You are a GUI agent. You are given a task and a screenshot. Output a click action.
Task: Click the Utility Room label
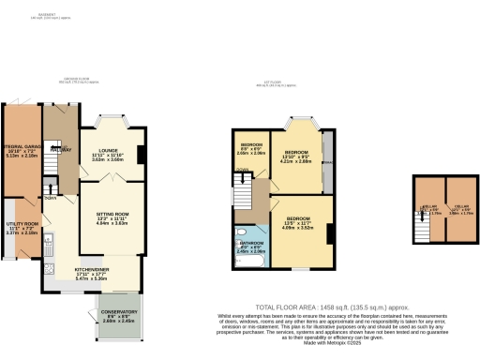(x=21, y=226)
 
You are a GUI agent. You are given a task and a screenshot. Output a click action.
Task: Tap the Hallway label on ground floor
(x=61, y=148)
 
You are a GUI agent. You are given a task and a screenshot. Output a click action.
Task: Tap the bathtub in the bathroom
(x=251, y=262)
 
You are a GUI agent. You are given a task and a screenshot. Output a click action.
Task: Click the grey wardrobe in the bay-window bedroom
(x=327, y=160)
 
